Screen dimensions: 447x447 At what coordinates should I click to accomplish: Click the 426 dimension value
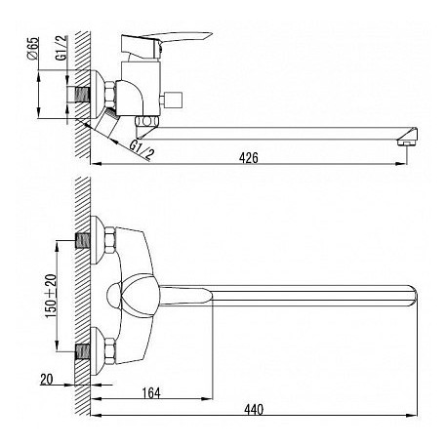[x=249, y=158]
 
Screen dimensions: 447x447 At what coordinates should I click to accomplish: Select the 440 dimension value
[x=254, y=410]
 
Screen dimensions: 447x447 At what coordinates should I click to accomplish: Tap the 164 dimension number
[x=151, y=393]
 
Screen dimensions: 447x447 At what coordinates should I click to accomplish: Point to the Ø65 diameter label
[x=33, y=48]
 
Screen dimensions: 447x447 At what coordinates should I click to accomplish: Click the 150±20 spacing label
[x=51, y=296]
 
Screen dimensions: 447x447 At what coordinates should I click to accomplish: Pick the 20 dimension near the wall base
[x=47, y=380]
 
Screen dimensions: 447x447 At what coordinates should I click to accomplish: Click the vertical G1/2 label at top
[x=61, y=48]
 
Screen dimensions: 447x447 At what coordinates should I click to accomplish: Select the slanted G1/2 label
[x=142, y=148]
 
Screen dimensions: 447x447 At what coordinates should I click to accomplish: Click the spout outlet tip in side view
[x=407, y=137]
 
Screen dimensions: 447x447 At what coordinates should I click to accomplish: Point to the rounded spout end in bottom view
[x=413, y=296]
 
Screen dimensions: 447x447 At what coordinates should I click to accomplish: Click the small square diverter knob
[x=174, y=101]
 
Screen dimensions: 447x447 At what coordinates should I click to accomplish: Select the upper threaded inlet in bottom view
[x=83, y=241]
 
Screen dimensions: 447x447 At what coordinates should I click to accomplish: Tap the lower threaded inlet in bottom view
[x=83, y=351]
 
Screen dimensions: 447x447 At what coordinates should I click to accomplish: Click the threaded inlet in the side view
[x=82, y=95]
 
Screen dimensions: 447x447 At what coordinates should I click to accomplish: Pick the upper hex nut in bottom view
[x=110, y=241]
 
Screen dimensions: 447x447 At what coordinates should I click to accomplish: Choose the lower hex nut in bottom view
[x=110, y=351]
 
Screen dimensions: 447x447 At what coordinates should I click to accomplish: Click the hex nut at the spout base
[x=146, y=121]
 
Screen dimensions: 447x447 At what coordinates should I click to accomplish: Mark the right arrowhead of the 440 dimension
[x=413, y=415]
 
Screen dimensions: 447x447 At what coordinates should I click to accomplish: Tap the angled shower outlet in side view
[x=108, y=124]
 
